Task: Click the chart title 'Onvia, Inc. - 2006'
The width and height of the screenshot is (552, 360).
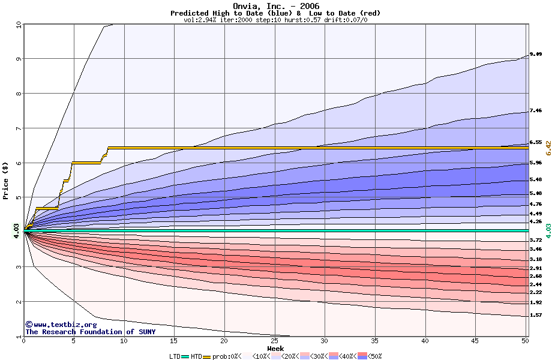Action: point(275,6)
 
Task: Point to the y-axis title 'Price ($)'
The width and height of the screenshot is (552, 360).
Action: point(6,180)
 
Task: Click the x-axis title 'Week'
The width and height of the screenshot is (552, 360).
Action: point(275,349)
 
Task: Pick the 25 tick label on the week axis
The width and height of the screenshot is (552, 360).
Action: point(274,341)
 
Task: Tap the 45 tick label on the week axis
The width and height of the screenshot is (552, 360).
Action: point(475,341)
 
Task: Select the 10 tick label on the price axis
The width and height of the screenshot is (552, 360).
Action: point(18,25)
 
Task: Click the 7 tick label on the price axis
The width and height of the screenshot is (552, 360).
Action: point(19,128)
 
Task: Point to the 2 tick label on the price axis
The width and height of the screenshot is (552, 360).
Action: point(19,302)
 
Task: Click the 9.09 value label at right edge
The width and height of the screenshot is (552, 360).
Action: point(536,55)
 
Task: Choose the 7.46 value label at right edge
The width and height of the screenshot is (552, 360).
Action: point(536,111)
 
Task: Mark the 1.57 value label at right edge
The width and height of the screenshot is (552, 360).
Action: point(536,315)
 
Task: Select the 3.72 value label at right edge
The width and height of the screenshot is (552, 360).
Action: point(536,240)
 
